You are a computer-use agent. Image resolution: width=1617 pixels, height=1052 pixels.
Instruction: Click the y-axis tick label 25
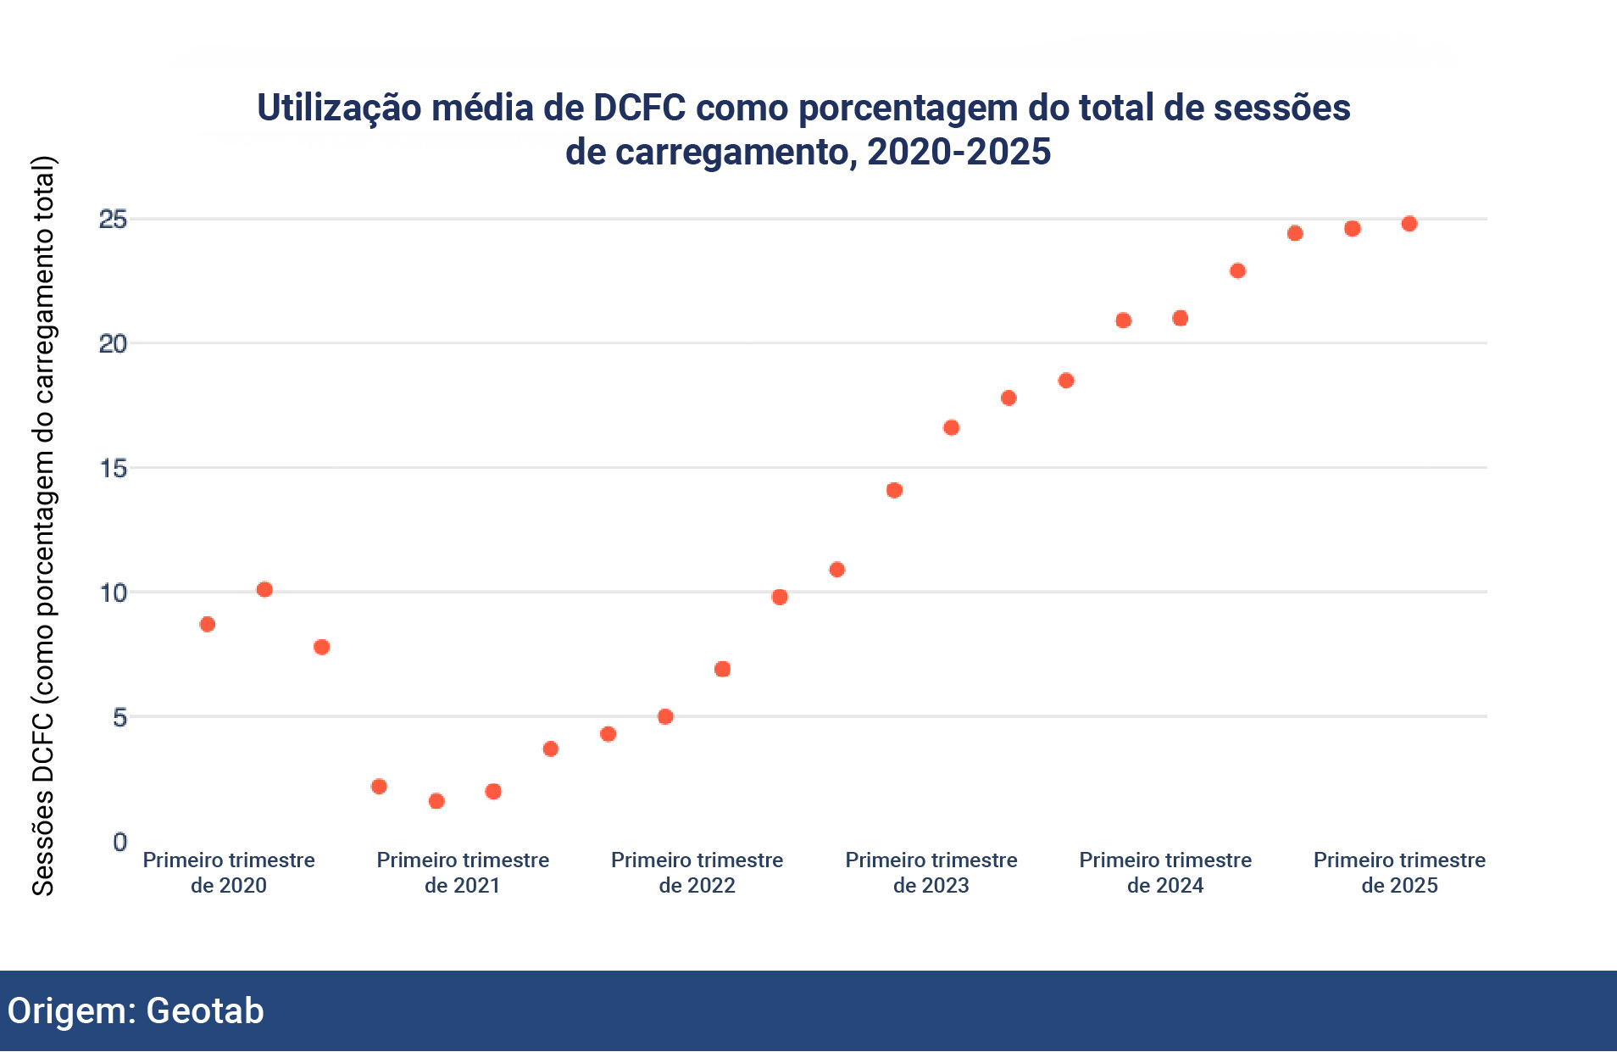pyautogui.click(x=113, y=220)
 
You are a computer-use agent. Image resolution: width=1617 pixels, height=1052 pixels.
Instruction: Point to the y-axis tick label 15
pyautogui.click(x=113, y=468)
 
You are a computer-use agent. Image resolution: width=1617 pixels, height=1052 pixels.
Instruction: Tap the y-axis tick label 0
pyautogui.click(x=119, y=842)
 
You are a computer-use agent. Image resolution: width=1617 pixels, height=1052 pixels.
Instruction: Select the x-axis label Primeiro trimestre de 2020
pyautogui.click(x=229, y=872)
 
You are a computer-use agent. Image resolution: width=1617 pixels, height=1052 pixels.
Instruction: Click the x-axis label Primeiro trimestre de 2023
pyautogui.click(x=931, y=872)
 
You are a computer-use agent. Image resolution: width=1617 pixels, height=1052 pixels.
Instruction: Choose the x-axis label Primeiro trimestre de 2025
pyautogui.click(x=1399, y=872)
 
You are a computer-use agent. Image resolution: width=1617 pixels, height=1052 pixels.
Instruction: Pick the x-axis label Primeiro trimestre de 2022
pyautogui.click(x=697, y=872)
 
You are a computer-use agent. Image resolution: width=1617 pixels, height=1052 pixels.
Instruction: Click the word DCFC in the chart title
pyautogui.click(x=639, y=108)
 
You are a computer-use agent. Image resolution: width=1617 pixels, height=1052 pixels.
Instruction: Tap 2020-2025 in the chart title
pyautogui.click(x=959, y=152)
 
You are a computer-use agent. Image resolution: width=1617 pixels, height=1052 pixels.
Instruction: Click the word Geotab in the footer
pyautogui.click(x=205, y=1010)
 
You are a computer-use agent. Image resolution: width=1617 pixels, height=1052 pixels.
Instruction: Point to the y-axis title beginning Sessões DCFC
pyautogui.click(x=43, y=526)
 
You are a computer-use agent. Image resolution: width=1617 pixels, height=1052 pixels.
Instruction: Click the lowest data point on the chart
pyautogui.click(x=436, y=801)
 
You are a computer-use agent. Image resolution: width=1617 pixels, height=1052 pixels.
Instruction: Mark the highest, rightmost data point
pyautogui.click(x=1409, y=224)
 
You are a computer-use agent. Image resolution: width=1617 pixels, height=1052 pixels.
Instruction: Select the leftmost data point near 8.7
pyautogui.click(x=208, y=625)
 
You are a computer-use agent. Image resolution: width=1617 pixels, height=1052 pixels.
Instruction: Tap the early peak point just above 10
pyautogui.click(x=264, y=589)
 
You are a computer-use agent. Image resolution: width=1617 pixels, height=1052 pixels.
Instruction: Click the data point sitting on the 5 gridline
pyautogui.click(x=665, y=716)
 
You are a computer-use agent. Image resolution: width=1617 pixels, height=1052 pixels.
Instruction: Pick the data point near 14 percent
pyautogui.click(x=894, y=490)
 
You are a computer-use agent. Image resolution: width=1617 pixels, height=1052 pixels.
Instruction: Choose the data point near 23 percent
pyautogui.click(x=1237, y=271)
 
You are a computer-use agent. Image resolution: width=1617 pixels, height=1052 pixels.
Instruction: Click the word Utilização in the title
pyautogui.click(x=339, y=108)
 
